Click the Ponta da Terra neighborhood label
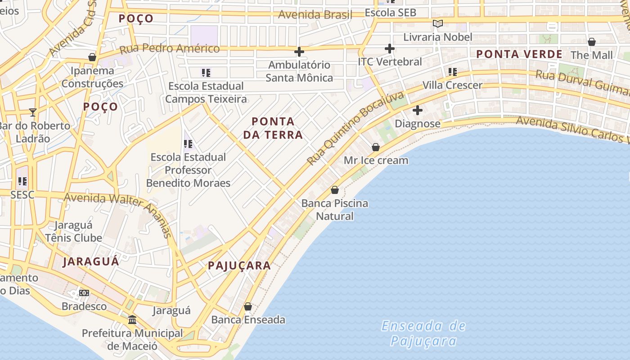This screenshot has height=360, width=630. [x=273, y=128]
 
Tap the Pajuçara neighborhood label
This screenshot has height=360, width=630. [x=239, y=265]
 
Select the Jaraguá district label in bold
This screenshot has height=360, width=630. [x=91, y=261]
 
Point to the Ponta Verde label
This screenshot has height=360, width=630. [x=519, y=54]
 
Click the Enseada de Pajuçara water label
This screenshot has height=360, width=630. [x=423, y=333]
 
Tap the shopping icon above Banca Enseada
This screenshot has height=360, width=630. [x=248, y=306]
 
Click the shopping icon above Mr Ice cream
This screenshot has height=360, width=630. [x=376, y=147]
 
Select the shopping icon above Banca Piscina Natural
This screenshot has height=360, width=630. [x=335, y=190]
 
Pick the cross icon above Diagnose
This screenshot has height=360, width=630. [x=418, y=110]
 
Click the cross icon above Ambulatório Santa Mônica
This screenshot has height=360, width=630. [x=299, y=52]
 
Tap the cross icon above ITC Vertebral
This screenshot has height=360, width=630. [x=390, y=49]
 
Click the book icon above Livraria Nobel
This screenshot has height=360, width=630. [x=437, y=24]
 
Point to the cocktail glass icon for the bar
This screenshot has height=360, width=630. [x=32, y=112]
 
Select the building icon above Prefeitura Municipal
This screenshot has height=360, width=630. [x=132, y=320]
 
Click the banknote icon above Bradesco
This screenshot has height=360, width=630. [x=84, y=293]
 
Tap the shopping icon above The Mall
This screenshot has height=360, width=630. [x=592, y=42]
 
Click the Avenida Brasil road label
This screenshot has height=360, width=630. [x=315, y=14]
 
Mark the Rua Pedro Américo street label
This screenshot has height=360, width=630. [x=170, y=49]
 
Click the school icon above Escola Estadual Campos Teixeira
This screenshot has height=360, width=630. [x=206, y=72]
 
